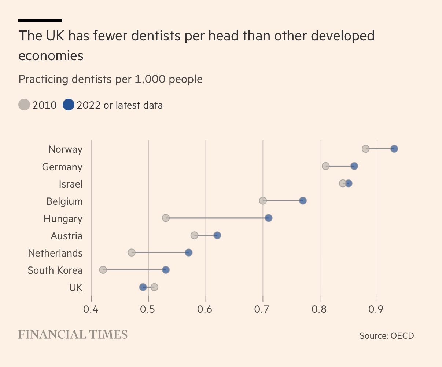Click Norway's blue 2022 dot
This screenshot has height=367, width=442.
(394, 149)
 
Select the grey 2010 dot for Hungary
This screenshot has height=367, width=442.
(166, 218)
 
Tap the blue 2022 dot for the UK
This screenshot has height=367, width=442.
(143, 287)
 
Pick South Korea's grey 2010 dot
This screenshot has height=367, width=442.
(103, 270)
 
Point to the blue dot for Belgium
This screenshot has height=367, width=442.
(303, 201)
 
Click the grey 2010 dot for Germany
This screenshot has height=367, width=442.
(325, 166)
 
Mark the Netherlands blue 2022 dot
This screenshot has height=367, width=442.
(189, 252)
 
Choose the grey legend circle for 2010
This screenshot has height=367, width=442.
(24, 105)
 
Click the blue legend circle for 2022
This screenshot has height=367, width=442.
(69, 105)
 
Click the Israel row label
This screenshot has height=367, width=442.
(71, 184)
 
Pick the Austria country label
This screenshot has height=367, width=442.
(66, 236)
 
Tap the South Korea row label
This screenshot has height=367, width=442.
(55, 270)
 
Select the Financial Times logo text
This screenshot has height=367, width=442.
(73, 335)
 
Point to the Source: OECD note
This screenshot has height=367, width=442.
(387, 335)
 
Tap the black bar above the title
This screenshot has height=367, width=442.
(40, 21)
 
